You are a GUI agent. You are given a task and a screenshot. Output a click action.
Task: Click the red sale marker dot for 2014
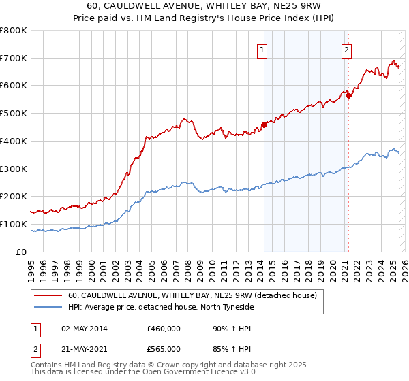(264, 125)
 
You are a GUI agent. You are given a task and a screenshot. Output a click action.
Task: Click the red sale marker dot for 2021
(348, 95)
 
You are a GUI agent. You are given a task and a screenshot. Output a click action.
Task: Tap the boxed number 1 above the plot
(262, 48)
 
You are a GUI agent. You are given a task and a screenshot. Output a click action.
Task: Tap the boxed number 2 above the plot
(347, 48)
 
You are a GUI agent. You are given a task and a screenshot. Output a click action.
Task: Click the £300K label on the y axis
(14, 169)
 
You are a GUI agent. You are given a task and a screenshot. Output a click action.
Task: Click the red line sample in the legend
(48, 296)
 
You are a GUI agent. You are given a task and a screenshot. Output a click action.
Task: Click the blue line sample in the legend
(48, 308)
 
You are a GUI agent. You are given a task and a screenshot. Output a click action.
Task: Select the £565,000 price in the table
(164, 349)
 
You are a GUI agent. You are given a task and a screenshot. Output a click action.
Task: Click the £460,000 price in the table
(164, 329)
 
